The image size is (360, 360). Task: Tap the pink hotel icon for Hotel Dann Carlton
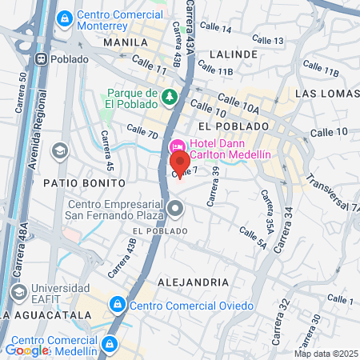pyautogui.click(x=176, y=147)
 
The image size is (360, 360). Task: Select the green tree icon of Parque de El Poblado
pyautogui.click(x=169, y=98)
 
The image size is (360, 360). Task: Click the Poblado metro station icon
pyautogui.click(x=41, y=58)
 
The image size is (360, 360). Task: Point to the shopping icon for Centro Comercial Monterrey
pyautogui.click(x=64, y=17)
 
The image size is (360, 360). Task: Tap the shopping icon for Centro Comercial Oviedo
pyautogui.click(x=118, y=305)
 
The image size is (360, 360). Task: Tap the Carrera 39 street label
pyautogui.click(x=212, y=186)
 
